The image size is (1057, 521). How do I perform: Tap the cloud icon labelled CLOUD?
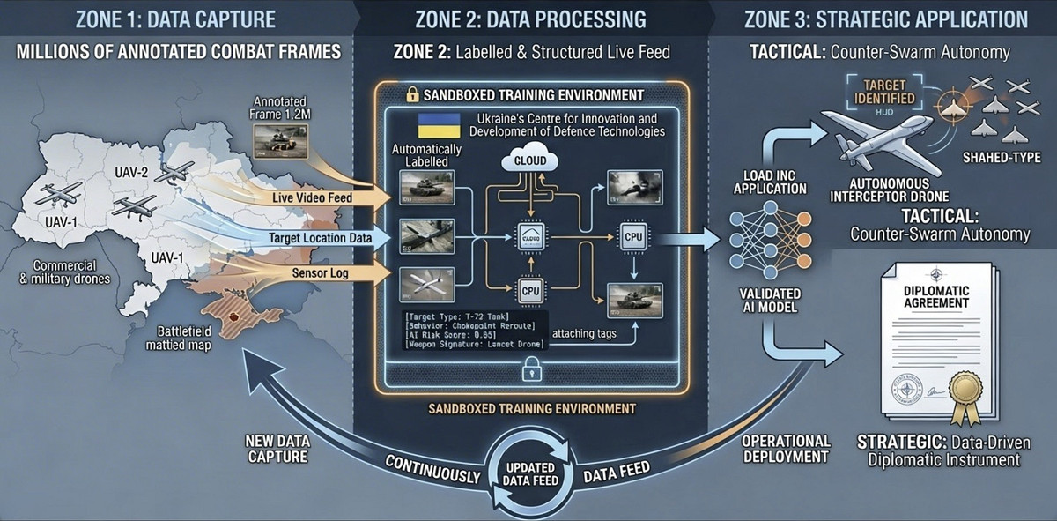(x=529, y=160)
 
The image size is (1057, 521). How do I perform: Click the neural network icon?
(x=770, y=237)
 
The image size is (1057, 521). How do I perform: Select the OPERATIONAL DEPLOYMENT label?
(x=787, y=448)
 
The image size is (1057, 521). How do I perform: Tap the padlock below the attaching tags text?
(x=530, y=373)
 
